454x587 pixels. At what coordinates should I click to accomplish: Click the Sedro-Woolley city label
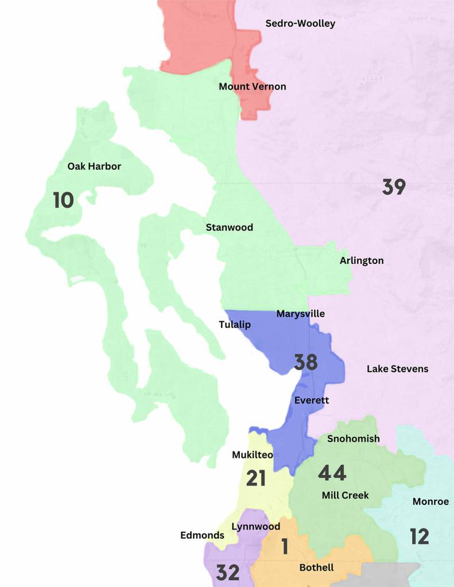(x=300, y=24)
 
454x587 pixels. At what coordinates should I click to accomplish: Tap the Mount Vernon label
(x=252, y=87)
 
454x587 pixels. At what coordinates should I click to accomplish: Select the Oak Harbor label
(x=94, y=166)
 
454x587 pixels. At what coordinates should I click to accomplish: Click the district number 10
(x=63, y=200)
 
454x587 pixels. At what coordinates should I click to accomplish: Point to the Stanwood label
(x=229, y=227)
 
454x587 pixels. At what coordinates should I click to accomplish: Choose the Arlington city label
(x=362, y=261)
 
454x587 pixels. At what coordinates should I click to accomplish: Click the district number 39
(x=394, y=186)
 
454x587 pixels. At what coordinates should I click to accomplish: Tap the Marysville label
(x=300, y=314)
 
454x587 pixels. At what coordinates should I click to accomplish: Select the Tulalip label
(x=235, y=325)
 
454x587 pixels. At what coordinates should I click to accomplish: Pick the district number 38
(x=305, y=362)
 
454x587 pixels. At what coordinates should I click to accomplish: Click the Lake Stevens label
(x=397, y=368)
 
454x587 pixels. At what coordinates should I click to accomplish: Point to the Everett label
(x=312, y=400)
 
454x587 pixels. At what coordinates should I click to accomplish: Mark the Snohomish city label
(x=353, y=438)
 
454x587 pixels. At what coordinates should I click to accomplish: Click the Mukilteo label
(x=252, y=455)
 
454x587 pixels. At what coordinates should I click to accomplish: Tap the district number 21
(x=256, y=478)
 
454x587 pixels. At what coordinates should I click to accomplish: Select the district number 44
(x=332, y=473)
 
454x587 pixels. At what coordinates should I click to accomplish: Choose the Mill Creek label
(x=345, y=495)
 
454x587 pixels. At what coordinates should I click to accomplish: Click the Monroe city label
(x=430, y=502)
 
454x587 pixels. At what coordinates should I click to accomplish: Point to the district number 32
(x=228, y=572)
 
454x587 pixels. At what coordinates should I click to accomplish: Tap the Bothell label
(x=316, y=567)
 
